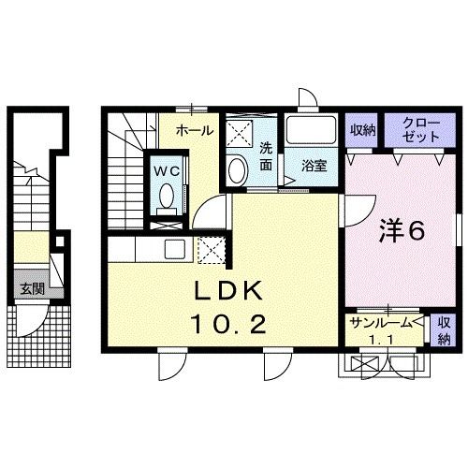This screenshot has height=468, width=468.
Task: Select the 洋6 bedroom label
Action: pyautogui.click(x=403, y=229)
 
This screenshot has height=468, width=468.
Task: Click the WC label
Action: pyautogui.click(x=168, y=171)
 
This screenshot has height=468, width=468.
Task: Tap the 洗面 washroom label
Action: pyautogui.click(x=266, y=154)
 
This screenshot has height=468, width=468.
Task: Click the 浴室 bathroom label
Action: pyautogui.click(x=313, y=166)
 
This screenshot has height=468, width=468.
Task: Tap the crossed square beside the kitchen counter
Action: pyautogui.click(x=212, y=249)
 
